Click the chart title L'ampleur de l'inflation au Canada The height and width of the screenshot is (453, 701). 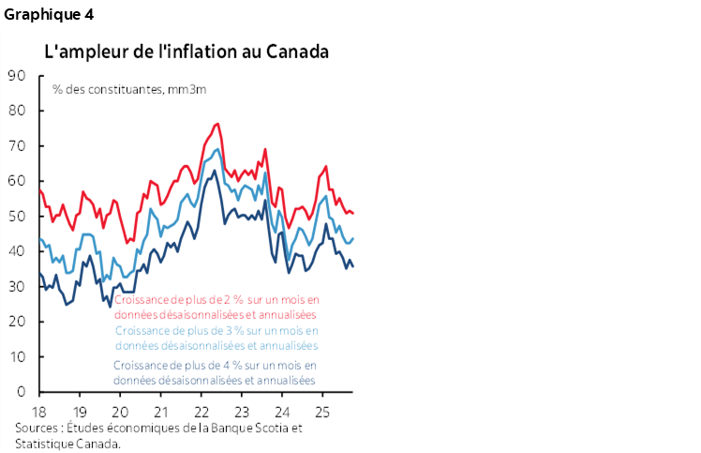pos(186,51)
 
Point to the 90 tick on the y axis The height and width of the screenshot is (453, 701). pos(17,76)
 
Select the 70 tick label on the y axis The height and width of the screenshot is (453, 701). pos(17,146)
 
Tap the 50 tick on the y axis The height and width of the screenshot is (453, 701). pos(17,217)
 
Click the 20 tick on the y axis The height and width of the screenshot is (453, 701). pos(17,322)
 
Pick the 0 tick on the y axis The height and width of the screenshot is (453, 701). pos(21,392)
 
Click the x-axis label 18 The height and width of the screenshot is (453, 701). pos(38,413)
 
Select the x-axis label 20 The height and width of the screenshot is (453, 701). pos(120,413)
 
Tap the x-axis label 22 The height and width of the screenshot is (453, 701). pos(201,413)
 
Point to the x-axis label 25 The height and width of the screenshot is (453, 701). pos(322,413)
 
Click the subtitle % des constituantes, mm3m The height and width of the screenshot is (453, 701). pos(129,90)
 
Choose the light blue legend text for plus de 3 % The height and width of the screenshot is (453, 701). pos(216,338)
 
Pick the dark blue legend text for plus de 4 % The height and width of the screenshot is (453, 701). pos(215,372)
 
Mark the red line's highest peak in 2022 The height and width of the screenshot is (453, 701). pos(217,124)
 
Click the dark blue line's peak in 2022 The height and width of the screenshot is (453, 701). pos(214,170)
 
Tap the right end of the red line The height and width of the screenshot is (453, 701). pos(352,213)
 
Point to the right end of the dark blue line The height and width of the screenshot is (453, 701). pos(352,267)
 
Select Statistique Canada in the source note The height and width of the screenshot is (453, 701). pos(67,444)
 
